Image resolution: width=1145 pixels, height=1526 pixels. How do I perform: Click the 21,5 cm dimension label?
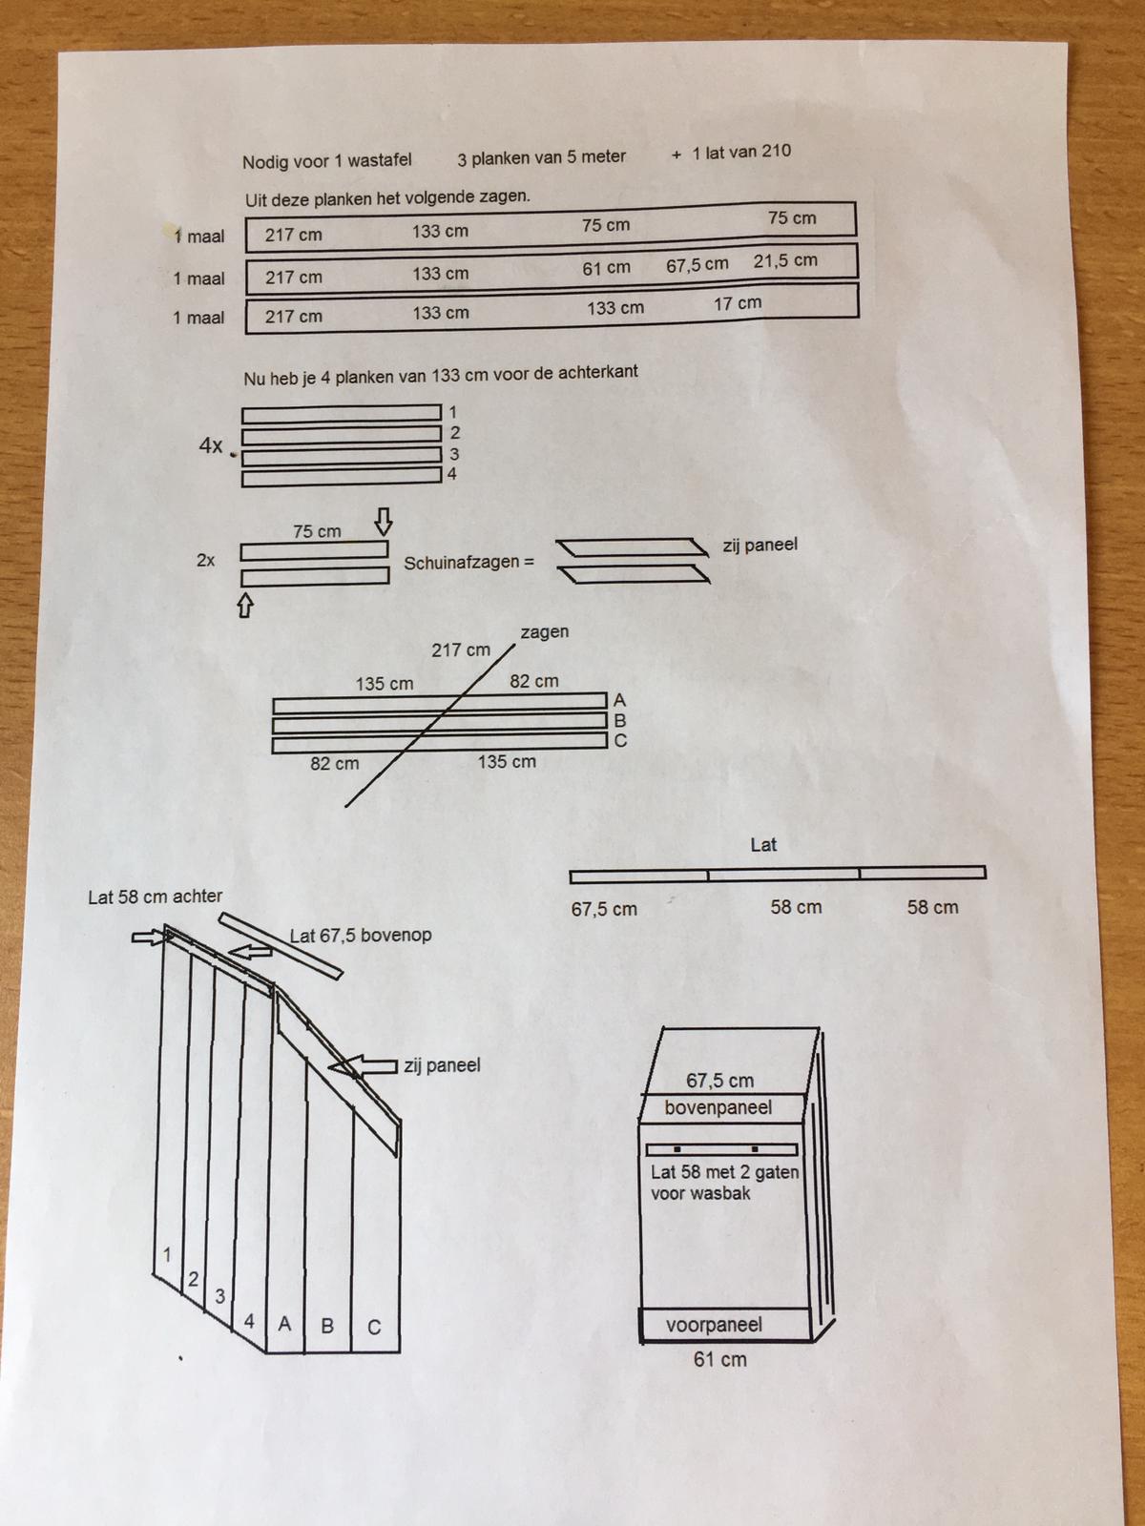[785, 260]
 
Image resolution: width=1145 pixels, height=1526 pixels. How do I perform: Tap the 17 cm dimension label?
[737, 303]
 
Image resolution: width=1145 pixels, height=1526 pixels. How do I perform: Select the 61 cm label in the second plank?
[606, 268]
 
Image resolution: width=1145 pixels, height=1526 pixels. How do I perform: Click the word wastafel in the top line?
[380, 160]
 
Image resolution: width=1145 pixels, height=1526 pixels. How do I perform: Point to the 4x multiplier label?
[211, 445]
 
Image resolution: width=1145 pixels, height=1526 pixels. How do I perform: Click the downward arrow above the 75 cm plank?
[383, 522]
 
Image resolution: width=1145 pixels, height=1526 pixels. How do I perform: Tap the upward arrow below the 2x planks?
[244, 605]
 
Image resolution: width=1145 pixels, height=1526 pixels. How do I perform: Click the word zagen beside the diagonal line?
[544, 632]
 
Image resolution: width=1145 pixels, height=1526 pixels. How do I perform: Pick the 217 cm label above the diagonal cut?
[460, 650]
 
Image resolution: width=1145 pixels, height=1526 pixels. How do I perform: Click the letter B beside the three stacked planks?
[620, 720]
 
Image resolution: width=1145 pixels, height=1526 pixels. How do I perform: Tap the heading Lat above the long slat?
[763, 845]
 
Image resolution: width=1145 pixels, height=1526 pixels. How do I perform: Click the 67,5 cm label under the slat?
[603, 909]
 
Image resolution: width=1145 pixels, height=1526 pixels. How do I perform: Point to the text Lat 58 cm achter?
[155, 897]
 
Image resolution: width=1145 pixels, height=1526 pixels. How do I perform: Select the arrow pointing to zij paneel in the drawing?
[363, 1065]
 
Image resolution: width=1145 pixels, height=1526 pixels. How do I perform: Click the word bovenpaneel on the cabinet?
[718, 1107]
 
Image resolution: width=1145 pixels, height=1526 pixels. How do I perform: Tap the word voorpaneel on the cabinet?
[714, 1325]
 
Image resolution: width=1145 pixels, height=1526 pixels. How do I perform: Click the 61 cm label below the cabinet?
[719, 1360]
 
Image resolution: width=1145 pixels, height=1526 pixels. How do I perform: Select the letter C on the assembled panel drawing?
[374, 1328]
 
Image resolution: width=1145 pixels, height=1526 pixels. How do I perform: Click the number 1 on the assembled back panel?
[167, 1255]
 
